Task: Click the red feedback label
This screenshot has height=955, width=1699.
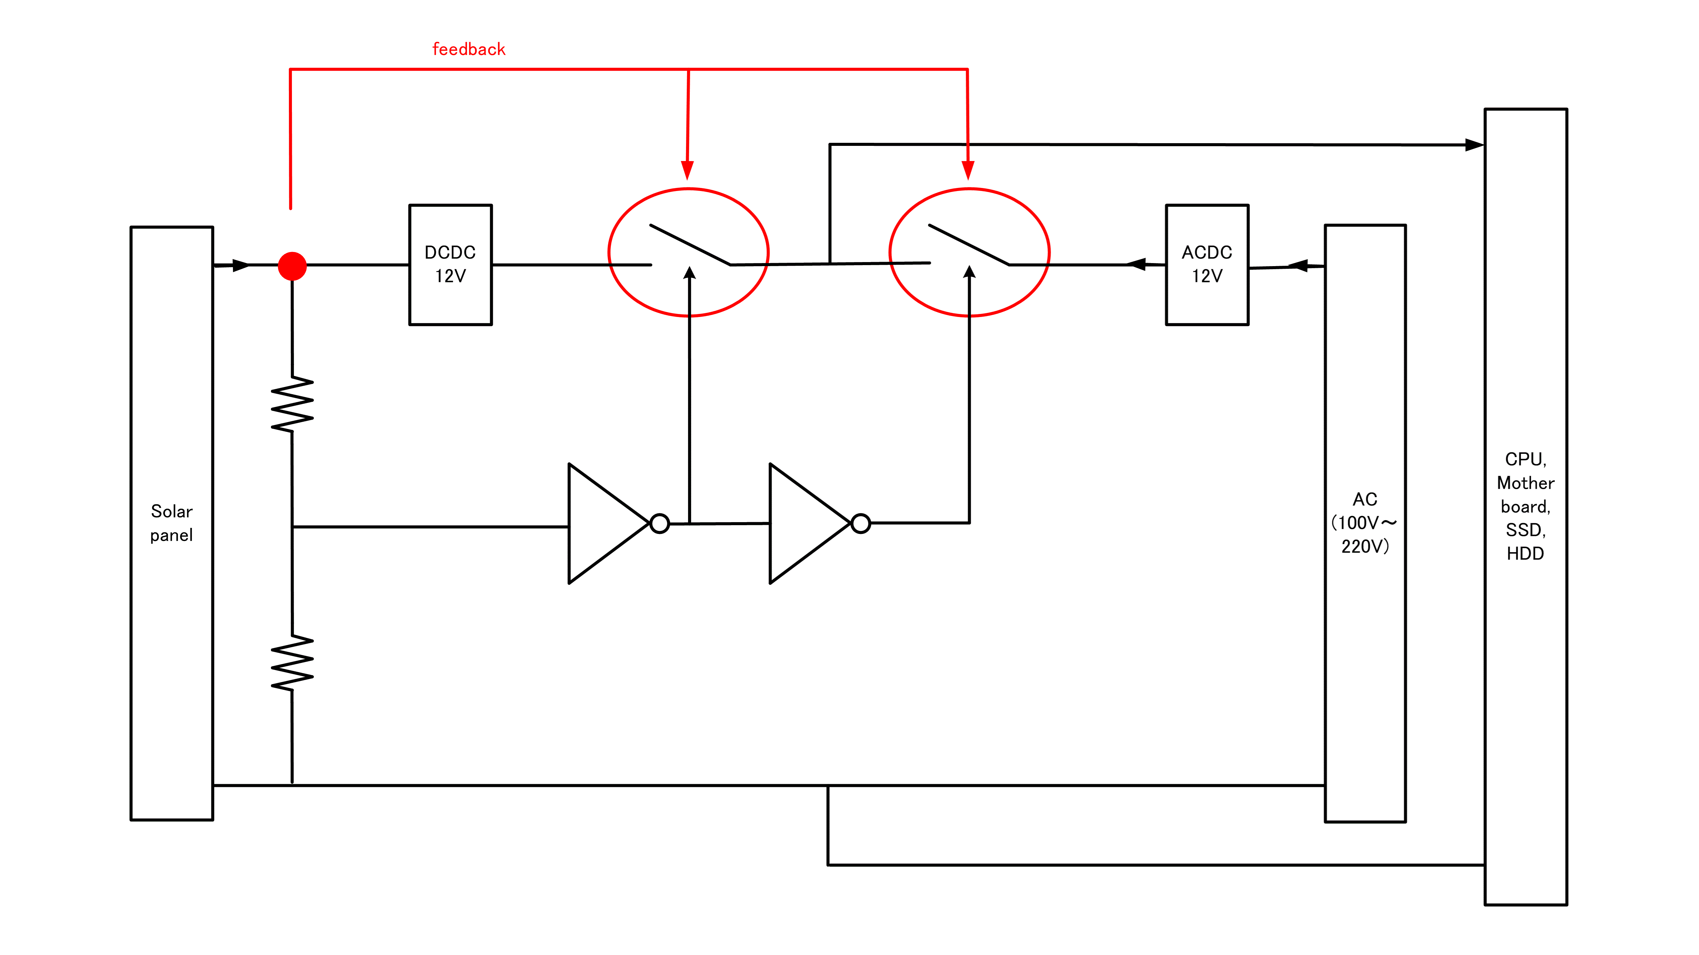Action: [468, 50]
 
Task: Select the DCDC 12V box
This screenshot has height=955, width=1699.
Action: [450, 264]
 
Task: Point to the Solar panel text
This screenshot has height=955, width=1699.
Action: [172, 523]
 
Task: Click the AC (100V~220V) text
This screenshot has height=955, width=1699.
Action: [1365, 523]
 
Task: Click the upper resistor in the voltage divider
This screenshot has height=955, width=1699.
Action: [292, 404]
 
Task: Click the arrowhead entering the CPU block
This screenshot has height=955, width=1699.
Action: [1473, 144]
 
